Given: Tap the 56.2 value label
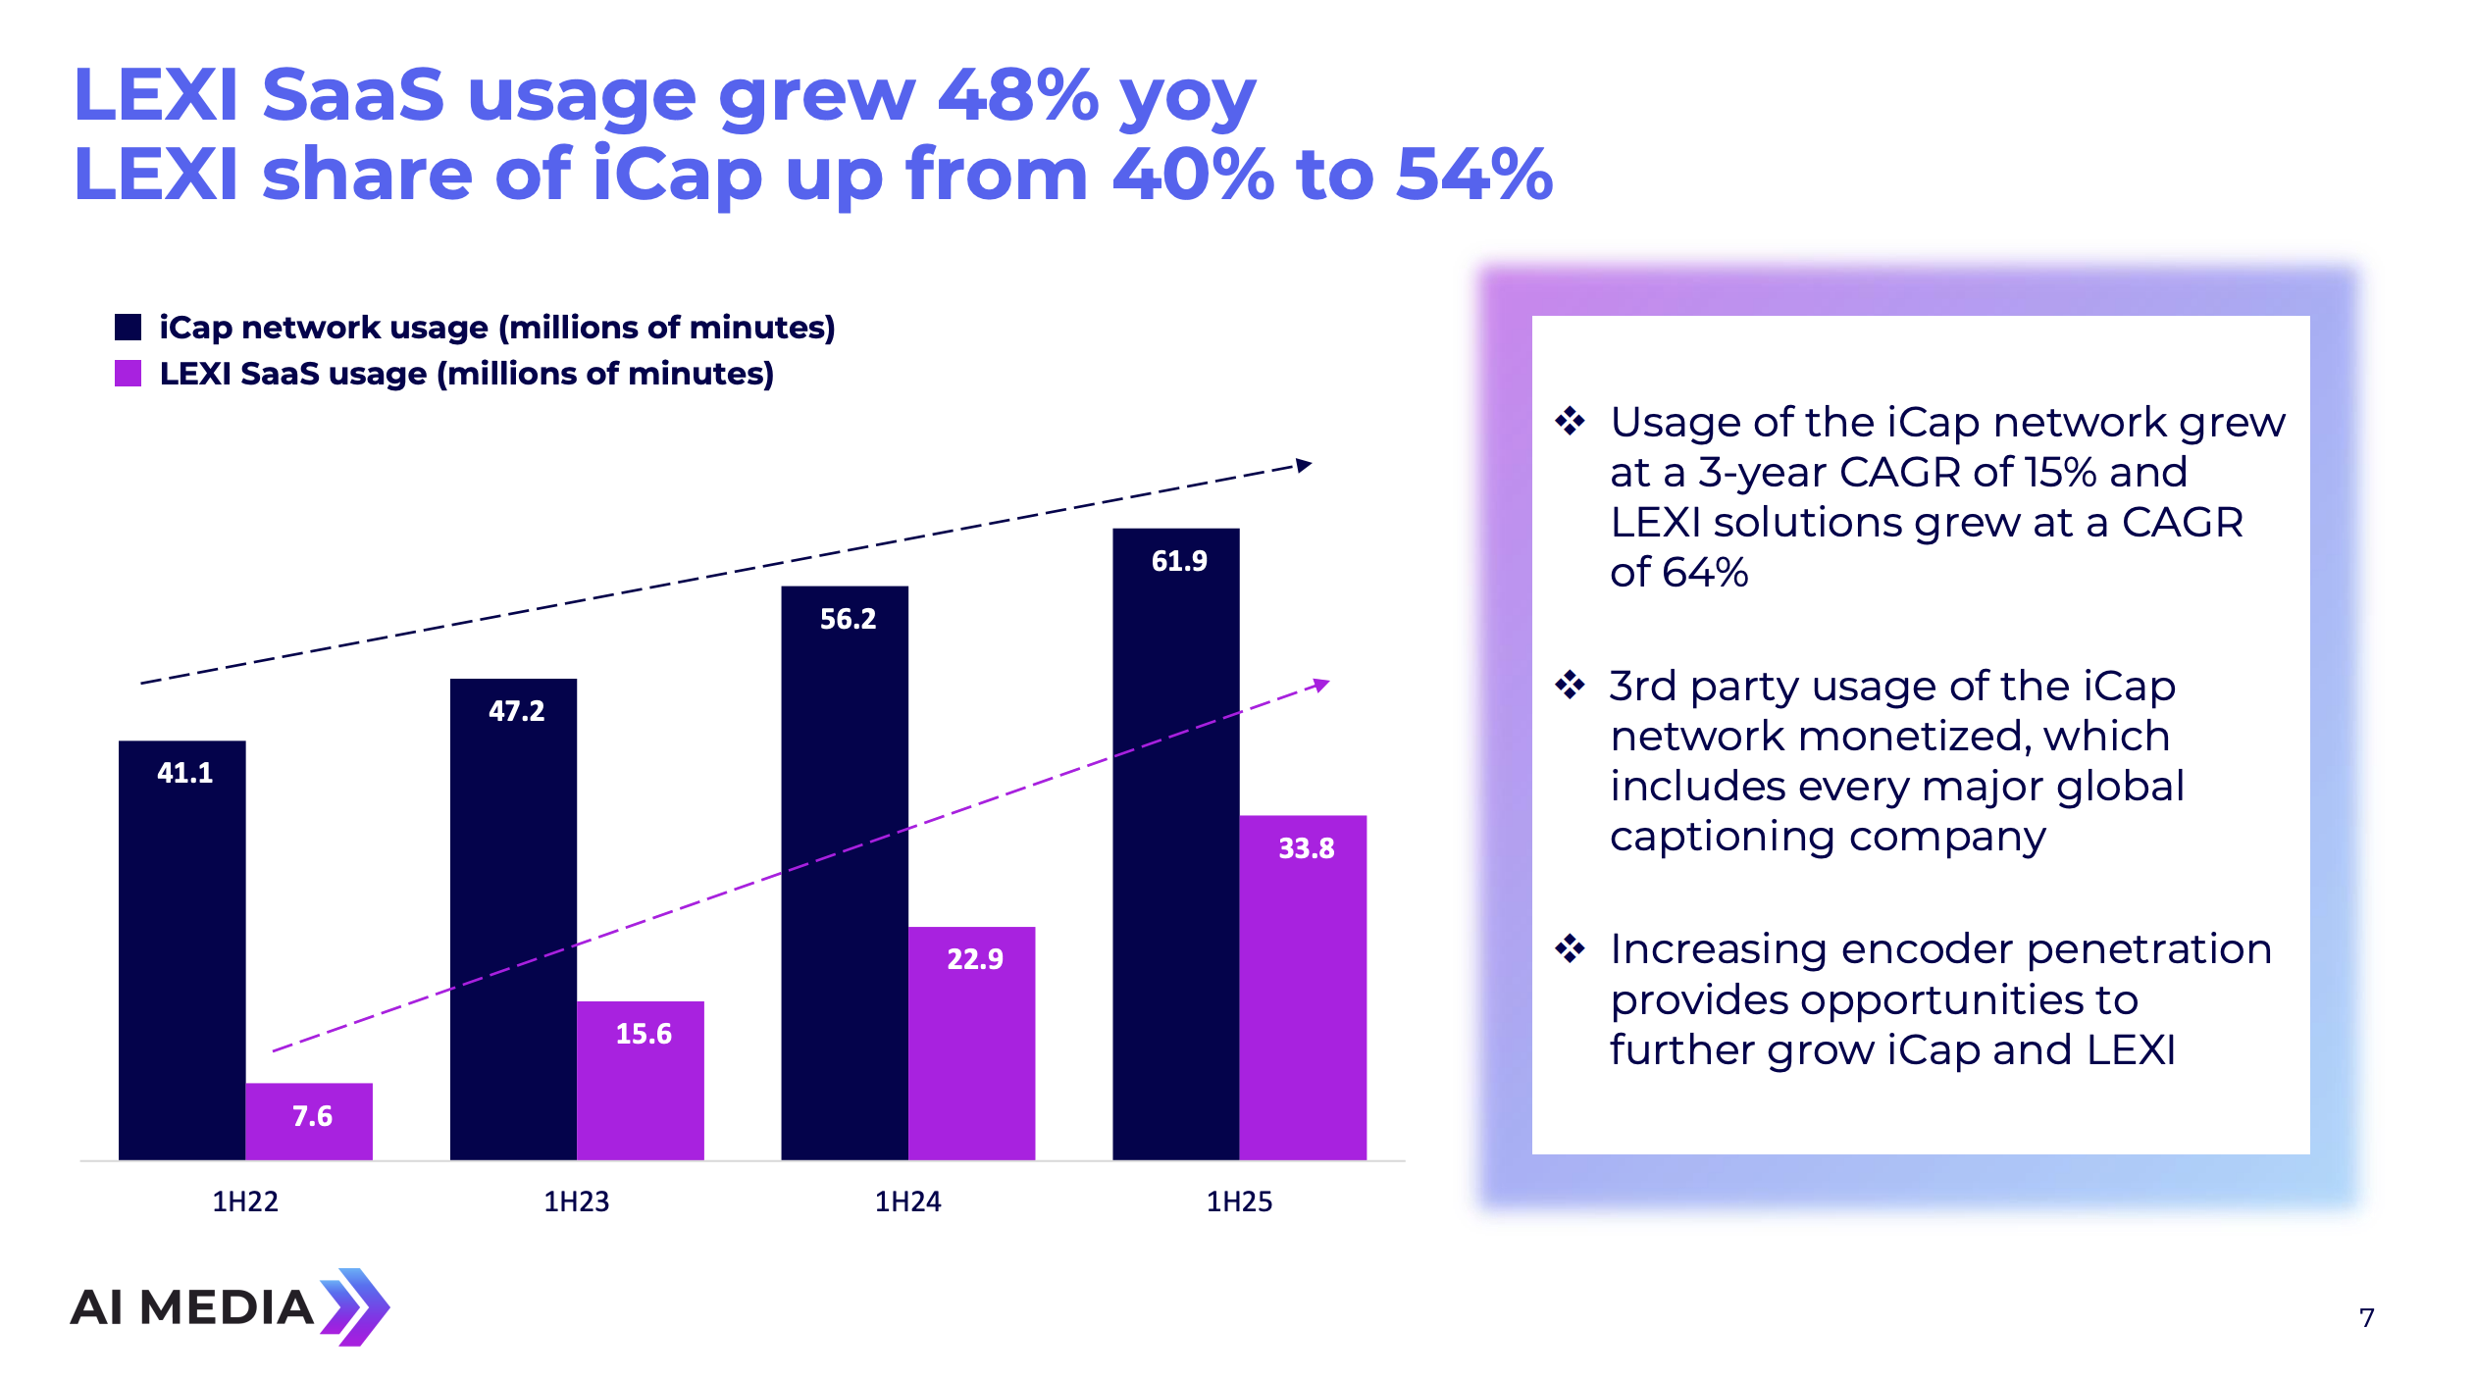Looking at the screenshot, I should click(x=848, y=619).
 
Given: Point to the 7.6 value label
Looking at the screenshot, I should click(x=312, y=1116).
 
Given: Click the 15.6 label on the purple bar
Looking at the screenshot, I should click(x=644, y=1034).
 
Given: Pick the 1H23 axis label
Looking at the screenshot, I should click(x=577, y=1201).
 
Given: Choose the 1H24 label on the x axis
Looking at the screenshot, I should click(x=907, y=1201).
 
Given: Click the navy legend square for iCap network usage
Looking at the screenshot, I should click(x=128, y=327).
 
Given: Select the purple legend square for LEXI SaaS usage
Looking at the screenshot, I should click(x=128, y=374).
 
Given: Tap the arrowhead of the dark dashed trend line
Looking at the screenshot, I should click(x=1304, y=465).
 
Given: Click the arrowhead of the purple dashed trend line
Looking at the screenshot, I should click(x=1321, y=685).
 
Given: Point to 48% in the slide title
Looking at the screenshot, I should click(x=1017, y=96).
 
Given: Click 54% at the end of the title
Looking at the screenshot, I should click(x=1474, y=175).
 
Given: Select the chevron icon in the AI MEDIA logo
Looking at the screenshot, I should click(x=355, y=1306).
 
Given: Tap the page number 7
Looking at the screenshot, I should click(x=2367, y=1317).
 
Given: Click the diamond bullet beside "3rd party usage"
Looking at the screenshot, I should click(x=1570, y=685).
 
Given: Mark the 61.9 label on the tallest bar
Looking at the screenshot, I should click(x=1179, y=561).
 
